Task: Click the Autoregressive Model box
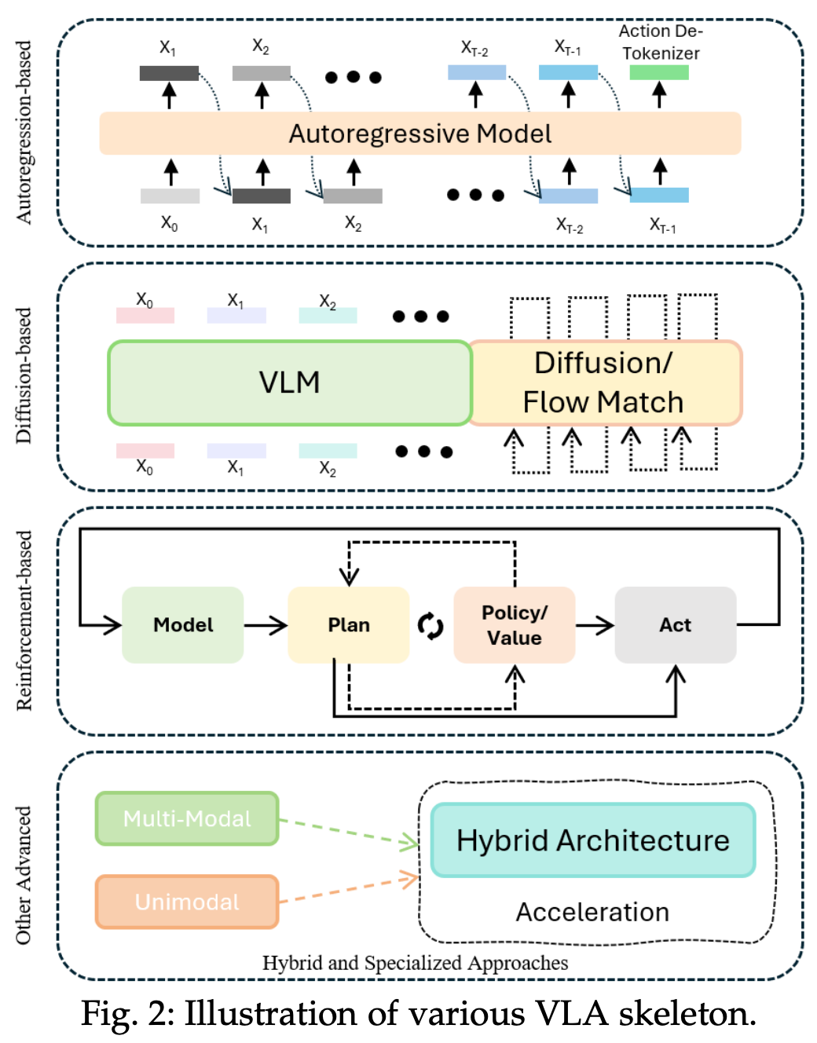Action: (x=419, y=134)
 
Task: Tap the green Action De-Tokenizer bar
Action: (x=658, y=72)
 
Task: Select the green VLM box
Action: (x=289, y=382)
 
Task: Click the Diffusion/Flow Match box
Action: (x=603, y=382)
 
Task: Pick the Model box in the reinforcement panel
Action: (x=182, y=625)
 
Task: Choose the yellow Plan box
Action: (x=348, y=625)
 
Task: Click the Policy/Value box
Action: (x=514, y=625)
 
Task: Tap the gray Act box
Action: (x=675, y=625)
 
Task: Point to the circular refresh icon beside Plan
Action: (x=430, y=626)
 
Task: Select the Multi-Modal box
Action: (x=187, y=818)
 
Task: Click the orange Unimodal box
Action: (x=187, y=902)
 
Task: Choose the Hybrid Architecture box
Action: (x=593, y=840)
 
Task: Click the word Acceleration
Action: (x=592, y=912)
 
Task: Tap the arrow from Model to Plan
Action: (x=266, y=625)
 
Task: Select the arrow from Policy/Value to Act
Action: (x=595, y=625)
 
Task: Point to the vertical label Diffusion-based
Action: (x=24, y=375)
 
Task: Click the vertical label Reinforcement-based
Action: (x=24, y=620)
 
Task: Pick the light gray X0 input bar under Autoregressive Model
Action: (x=170, y=196)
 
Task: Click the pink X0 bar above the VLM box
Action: (x=145, y=315)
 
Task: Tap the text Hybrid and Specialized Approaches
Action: (x=415, y=963)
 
